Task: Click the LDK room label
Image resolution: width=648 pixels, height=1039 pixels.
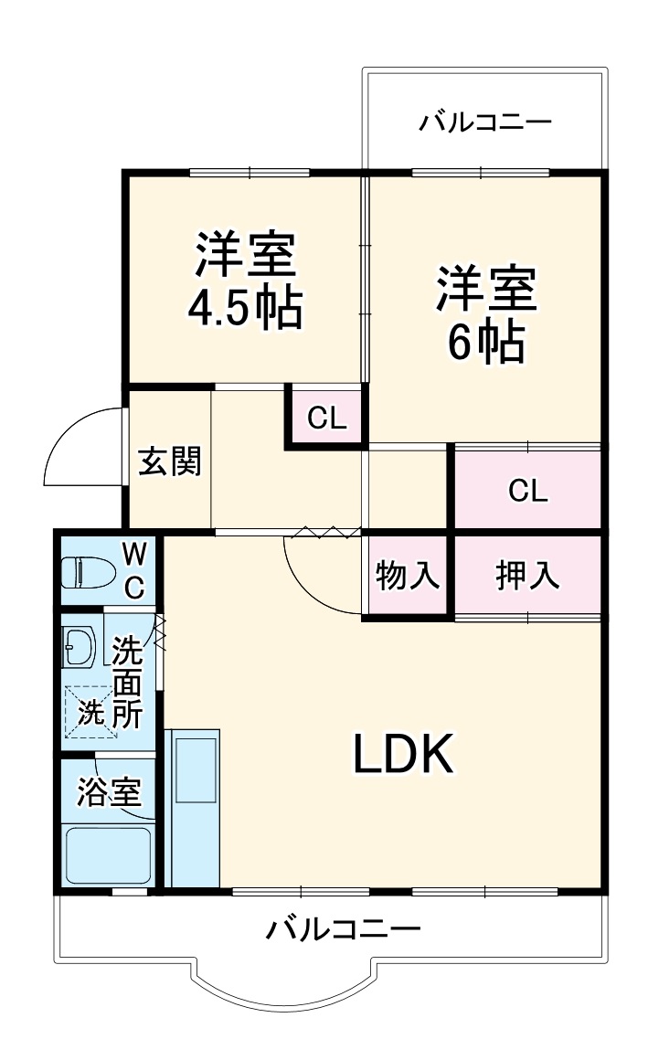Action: tap(403, 755)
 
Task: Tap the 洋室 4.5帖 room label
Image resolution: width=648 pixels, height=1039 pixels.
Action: tap(245, 281)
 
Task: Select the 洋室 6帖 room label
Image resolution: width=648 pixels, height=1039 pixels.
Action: tap(484, 314)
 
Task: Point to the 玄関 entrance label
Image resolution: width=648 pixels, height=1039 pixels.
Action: tap(169, 462)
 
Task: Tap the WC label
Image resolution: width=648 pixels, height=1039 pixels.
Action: tap(134, 569)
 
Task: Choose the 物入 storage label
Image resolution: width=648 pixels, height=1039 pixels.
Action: tap(409, 577)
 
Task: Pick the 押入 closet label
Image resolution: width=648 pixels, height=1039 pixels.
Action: tap(527, 577)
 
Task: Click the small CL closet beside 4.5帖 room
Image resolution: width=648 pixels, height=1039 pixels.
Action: tap(326, 419)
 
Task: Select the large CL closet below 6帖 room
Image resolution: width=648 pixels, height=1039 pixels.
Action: tap(527, 491)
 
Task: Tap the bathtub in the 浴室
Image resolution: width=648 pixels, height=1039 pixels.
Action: tap(107, 855)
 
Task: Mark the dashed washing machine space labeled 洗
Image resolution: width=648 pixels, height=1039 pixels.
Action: tap(90, 711)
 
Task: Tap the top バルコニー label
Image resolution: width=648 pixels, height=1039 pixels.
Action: tap(485, 122)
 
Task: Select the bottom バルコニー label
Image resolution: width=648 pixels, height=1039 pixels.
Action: tap(344, 931)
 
